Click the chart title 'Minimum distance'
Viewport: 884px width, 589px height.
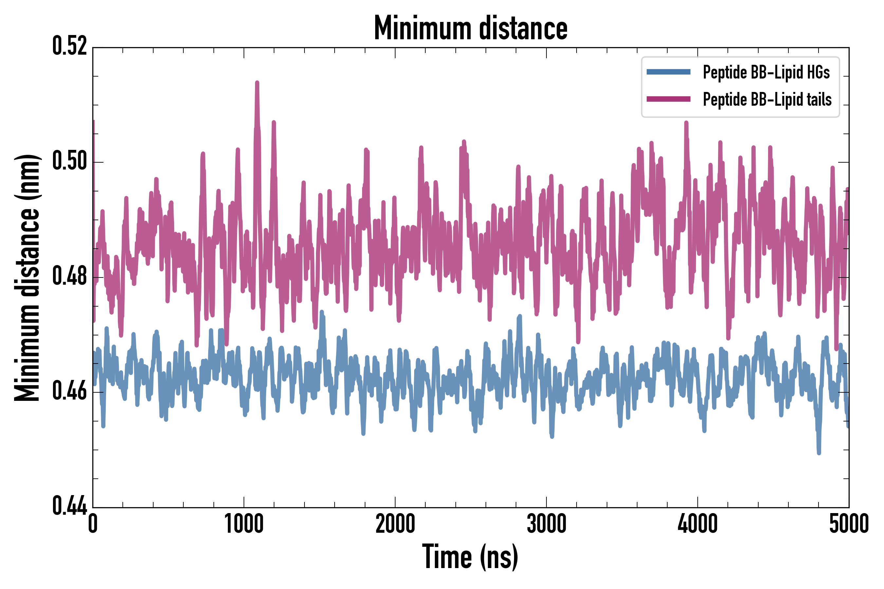click(x=470, y=28)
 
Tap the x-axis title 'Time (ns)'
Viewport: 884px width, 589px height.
click(x=470, y=557)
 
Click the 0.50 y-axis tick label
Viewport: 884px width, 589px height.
click(x=69, y=161)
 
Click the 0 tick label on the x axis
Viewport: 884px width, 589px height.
click(x=93, y=524)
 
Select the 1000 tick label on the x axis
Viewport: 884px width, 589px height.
click(x=244, y=524)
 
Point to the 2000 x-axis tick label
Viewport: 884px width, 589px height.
click(x=395, y=524)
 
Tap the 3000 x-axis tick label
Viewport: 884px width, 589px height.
click(x=546, y=524)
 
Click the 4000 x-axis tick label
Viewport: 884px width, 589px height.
click(x=698, y=524)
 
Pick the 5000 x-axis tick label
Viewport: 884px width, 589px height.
click(x=849, y=524)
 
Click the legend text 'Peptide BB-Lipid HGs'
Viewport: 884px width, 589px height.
click(x=766, y=72)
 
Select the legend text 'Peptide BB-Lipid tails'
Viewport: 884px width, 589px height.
click(x=767, y=99)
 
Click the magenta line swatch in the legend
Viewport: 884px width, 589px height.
click(x=668, y=99)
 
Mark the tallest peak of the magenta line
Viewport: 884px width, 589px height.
click(x=257, y=83)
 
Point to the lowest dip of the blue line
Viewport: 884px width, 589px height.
click(x=819, y=453)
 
